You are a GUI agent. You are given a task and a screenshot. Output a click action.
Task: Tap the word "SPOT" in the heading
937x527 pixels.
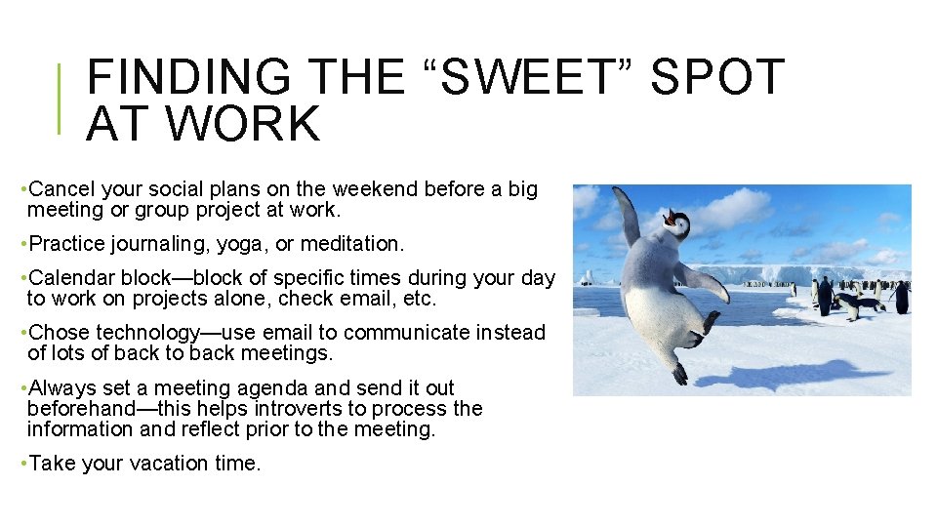[x=717, y=78]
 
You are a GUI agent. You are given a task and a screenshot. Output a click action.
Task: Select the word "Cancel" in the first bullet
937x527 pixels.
[x=63, y=189]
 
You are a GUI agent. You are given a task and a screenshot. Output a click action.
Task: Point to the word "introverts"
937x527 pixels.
[x=305, y=408]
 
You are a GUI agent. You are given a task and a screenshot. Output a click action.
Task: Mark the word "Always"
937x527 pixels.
[x=61, y=387]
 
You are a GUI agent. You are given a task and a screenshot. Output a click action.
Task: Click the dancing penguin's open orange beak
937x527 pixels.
[x=671, y=216]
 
